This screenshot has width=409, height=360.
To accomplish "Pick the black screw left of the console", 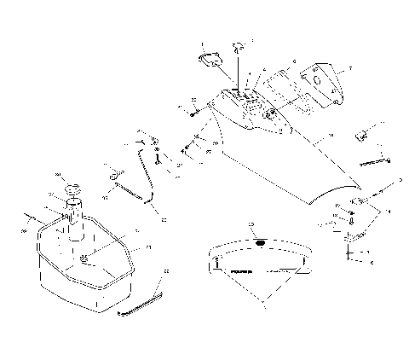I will pyautogui.click(x=195, y=108).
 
